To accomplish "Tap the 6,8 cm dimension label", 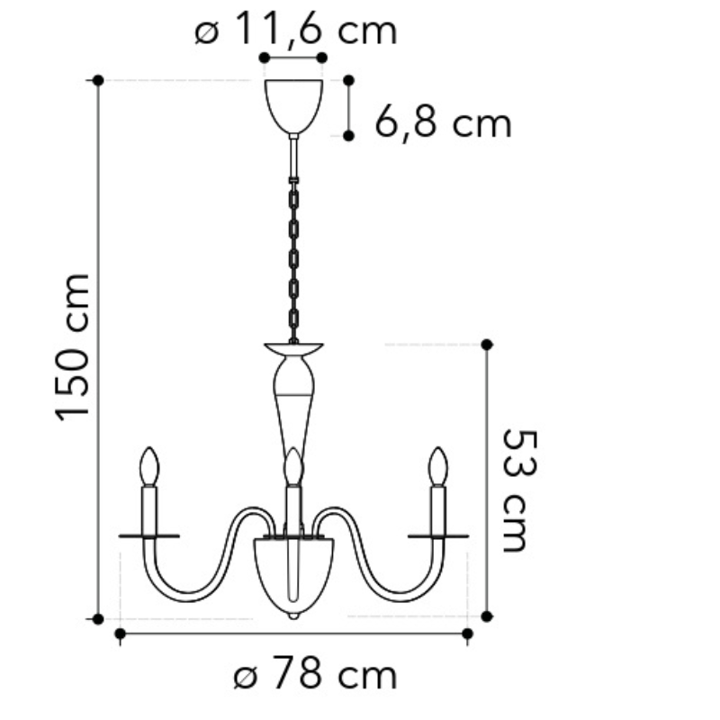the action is [x=443, y=122].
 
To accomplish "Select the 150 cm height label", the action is [x=72, y=347].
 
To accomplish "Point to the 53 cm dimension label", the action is [x=519, y=490].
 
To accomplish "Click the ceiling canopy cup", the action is [x=293, y=106].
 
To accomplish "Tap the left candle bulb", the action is [x=149, y=466].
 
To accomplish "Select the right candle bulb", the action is [x=437, y=466].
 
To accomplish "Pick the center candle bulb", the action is [x=293, y=466].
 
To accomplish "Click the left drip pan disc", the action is [x=149, y=535].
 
